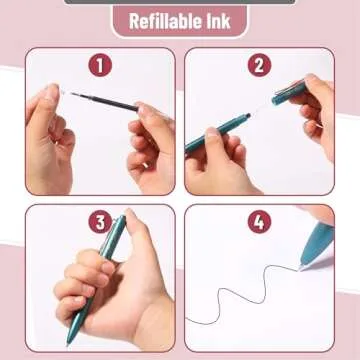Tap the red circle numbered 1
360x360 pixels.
[x=99, y=66]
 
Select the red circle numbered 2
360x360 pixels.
[x=260, y=66]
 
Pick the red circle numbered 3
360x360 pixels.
[x=99, y=222]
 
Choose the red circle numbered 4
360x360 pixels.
[x=260, y=222]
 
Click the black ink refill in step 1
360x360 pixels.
[x=100, y=100]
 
